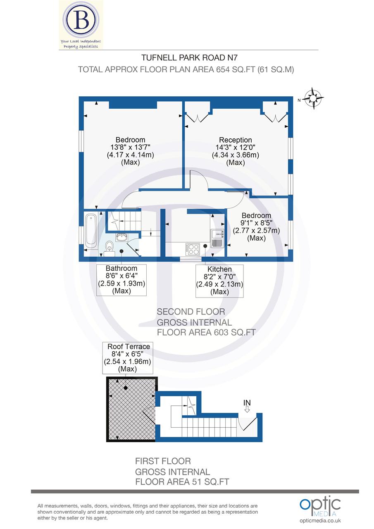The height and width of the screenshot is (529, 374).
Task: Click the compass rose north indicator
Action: click(x=313, y=98)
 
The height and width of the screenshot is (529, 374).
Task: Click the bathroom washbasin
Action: click(x=121, y=237)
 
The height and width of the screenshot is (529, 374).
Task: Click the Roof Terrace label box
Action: click(x=129, y=357)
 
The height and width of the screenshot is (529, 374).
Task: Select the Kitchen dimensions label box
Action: click(x=219, y=281)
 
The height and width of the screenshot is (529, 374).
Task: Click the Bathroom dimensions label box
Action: click(x=121, y=279)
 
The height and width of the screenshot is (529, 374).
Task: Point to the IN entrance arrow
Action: click(x=247, y=406)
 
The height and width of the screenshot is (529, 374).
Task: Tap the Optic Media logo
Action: click(x=320, y=507)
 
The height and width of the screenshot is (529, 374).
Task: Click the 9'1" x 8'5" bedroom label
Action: click(x=256, y=227)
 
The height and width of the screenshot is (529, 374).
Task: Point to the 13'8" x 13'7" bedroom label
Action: click(x=130, y=151)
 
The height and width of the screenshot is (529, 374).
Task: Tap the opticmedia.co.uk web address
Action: click(x=320, y=521)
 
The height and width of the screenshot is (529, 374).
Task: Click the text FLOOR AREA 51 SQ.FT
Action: click(x=182, y=482)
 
